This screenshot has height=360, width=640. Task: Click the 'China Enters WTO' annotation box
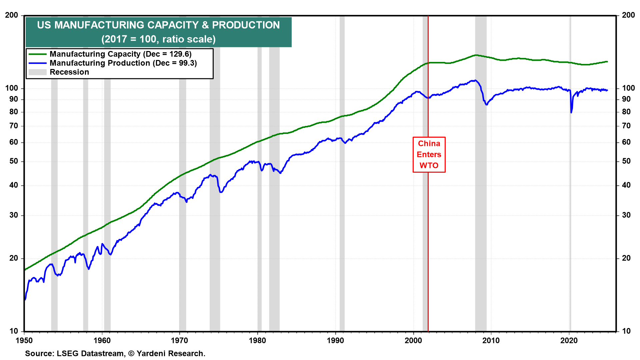429,155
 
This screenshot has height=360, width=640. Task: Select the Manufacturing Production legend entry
123,63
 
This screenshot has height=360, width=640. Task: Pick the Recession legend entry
69,72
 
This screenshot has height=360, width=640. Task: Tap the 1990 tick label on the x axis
335,340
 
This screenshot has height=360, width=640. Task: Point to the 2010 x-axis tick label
491,340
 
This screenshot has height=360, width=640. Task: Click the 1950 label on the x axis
24,340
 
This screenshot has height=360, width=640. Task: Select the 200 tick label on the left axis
12,15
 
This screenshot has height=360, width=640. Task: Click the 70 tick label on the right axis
626,126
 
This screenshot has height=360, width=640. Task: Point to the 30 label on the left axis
14,215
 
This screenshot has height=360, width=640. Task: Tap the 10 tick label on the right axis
626,331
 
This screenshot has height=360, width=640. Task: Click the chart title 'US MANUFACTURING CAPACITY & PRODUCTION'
158,25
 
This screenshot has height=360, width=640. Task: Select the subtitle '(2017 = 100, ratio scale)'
158,39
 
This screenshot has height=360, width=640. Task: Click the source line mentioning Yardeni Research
115,353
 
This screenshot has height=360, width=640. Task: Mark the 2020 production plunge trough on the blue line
571,112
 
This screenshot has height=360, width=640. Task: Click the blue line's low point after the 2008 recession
487,105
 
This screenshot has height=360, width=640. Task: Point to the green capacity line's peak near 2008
476,55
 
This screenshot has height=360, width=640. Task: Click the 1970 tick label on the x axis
179,340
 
